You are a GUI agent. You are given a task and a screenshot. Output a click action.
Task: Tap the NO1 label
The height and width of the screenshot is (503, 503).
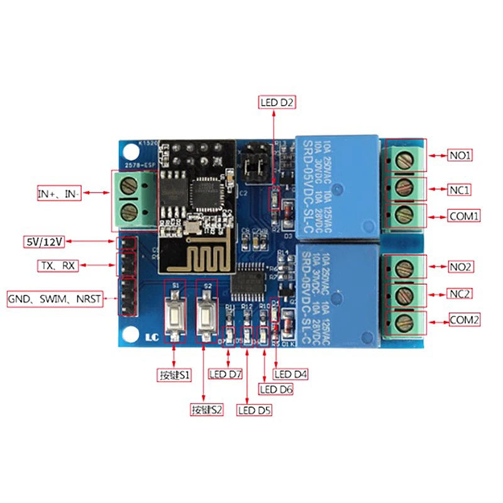(460, 155)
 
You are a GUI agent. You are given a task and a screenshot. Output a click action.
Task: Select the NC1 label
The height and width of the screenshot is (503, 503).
(460, 189)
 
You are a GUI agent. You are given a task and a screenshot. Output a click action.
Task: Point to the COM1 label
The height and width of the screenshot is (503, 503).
(464, 216)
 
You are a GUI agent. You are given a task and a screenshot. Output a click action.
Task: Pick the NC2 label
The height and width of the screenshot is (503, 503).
(460, 294)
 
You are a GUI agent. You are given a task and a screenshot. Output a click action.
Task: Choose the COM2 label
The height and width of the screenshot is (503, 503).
(464, 320)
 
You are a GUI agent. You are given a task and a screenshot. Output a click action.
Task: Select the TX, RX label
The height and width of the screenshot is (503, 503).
(55, 266)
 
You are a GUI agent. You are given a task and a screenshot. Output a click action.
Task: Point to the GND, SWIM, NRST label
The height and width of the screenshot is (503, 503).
(54, 299)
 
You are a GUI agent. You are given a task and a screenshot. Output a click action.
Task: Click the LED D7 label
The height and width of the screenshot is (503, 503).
(225, 375)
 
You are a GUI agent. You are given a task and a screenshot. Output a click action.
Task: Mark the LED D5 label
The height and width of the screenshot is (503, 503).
(255, 410)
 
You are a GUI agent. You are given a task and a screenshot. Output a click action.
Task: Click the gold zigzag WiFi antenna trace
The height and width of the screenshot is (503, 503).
(197, 256)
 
